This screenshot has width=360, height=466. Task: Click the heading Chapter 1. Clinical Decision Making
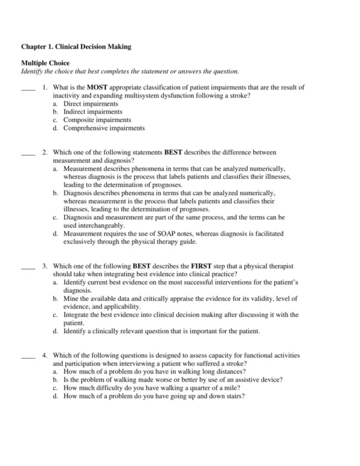tap(76, 46)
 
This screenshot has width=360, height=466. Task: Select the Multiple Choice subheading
tap(45, 63)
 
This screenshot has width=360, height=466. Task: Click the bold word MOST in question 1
tap(97, 88)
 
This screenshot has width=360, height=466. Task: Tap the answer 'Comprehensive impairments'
tap(104, 127)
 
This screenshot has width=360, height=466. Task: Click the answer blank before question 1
tap(28, 88)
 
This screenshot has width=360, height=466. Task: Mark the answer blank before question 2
tap(28, 154)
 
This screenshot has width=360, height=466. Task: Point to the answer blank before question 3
tap(28, 265)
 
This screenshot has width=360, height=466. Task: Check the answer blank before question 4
tap(28, 355)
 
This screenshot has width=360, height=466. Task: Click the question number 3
tap(45, 265)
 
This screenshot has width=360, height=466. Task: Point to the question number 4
tap(45, 355)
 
